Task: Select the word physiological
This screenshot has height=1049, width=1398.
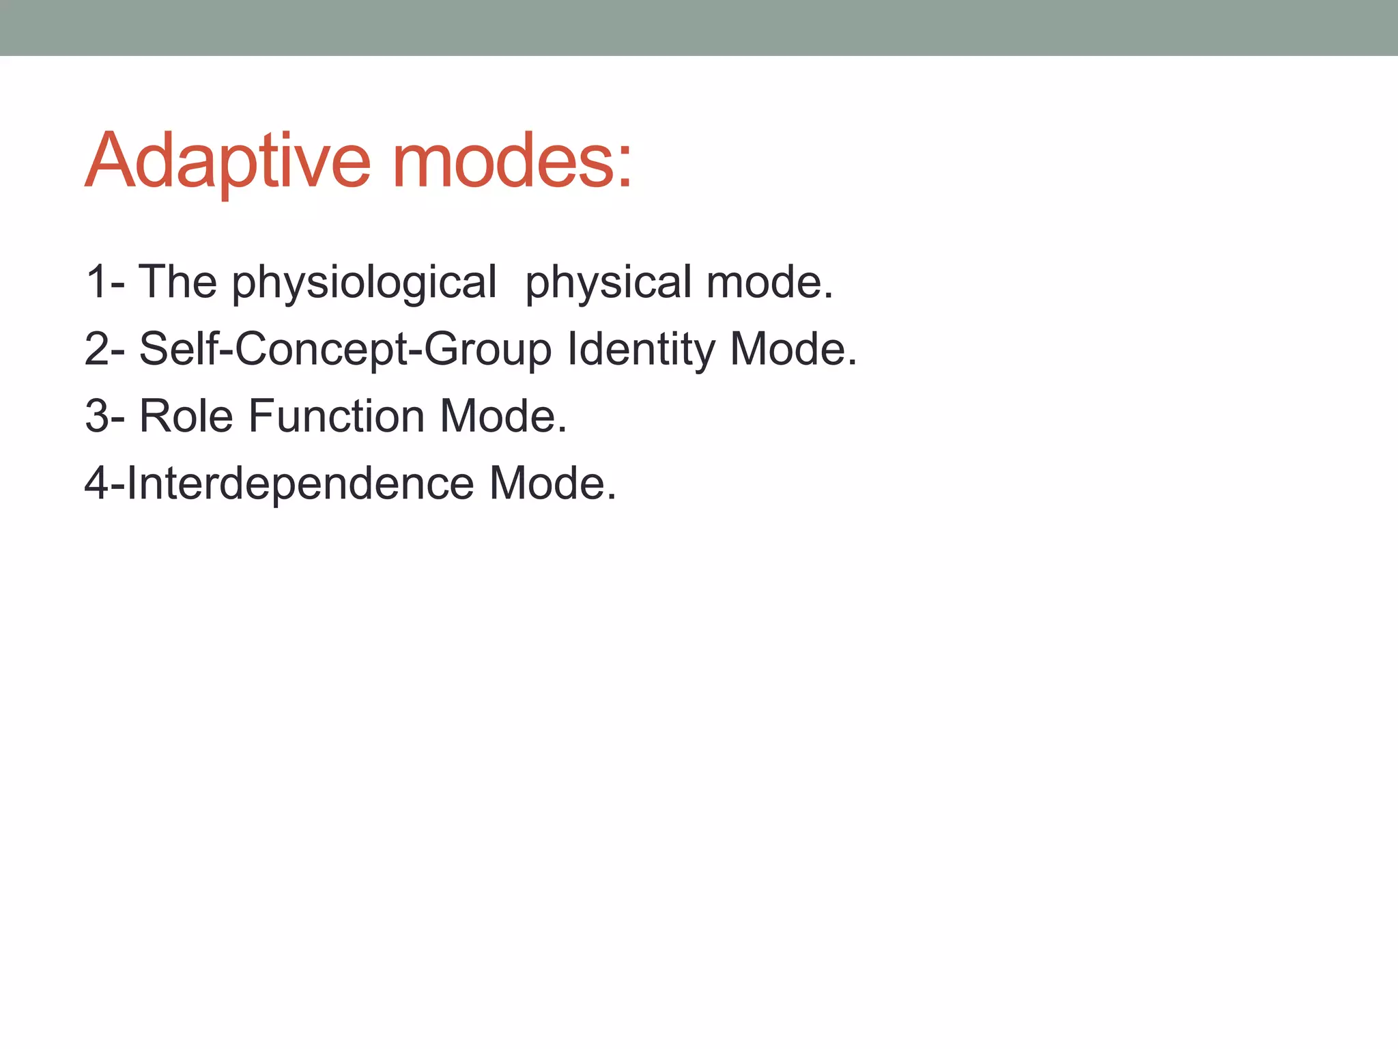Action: pyautogui.click(x=365, y=283)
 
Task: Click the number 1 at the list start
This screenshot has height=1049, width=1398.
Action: pyautogui.click(x=96, y=281)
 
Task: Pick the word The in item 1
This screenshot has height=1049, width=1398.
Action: pyautogui.click(x=177, y=281)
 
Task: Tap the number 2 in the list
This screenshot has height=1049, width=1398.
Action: pyautogui.click(x=96, y=349)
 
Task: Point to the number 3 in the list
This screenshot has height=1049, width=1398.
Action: pyautogui.click(x=96, y=416)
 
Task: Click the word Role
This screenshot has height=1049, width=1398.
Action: pyautogui.click(x=186, y=416)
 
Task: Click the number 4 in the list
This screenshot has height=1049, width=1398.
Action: pyautogui.click(x=96, y=483)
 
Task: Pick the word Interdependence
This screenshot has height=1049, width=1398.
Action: pyautogui.click(x=300, y=483)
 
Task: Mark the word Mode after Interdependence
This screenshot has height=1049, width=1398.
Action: pyautogui.click(x=547, y=483)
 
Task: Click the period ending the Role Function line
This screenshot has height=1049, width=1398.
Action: pyautogui.click(x=562, y=431)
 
